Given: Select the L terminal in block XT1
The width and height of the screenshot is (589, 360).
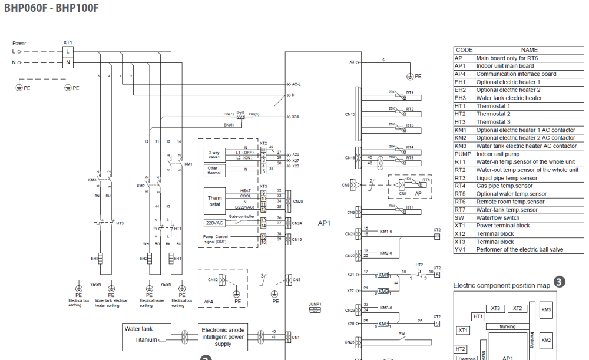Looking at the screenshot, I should (x=68, y=51).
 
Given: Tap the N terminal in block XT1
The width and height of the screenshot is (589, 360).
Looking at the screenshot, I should (x=68, y=62).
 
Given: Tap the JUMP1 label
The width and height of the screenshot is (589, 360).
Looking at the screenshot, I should (x=315, y=304).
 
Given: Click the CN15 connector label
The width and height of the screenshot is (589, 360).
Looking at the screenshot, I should (x=350, y=114).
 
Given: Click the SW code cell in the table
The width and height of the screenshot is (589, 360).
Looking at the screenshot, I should (x=463, y=217).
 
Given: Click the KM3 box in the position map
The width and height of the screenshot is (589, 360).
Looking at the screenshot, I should (x=546, y=310).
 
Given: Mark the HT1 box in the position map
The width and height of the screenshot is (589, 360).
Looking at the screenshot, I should (x=479, y=316).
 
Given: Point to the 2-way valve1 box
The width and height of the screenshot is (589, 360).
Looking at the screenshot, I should (x=213, y=156).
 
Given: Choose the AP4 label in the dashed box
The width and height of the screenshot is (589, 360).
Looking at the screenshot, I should (x=209, y=301).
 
